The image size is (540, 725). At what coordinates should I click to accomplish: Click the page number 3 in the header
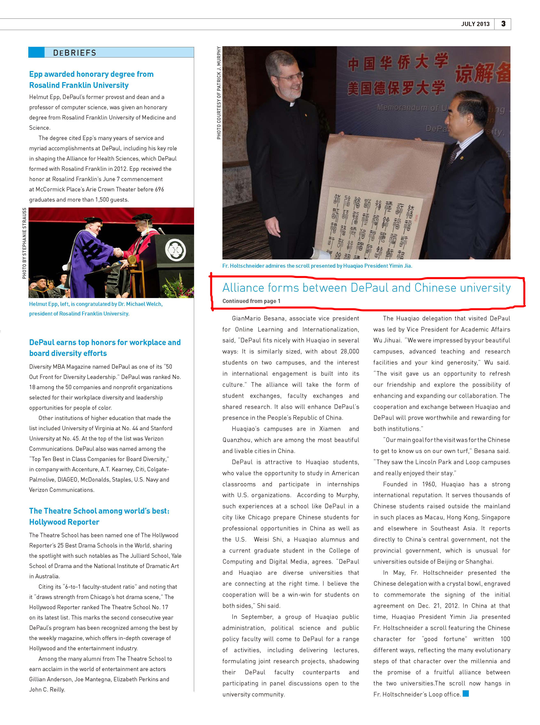pos(503,24)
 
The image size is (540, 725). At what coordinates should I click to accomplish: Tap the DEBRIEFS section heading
pos(74,53)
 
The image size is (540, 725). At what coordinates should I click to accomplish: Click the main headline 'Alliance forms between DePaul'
pos(366,288)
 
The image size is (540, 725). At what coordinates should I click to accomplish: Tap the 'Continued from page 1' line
pos(251,301)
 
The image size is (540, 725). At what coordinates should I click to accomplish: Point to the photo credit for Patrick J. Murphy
pos(219,93)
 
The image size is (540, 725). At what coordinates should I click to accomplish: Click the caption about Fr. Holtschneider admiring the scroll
pos(317,266)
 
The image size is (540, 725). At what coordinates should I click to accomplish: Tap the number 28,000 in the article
pos(349,351)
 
